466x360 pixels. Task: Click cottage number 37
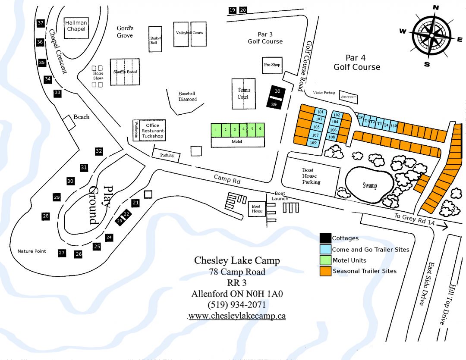[41, 23]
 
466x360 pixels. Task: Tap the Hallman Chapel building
[76, 26]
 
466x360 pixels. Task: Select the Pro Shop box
[272, 65]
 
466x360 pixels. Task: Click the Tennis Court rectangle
[243, 94]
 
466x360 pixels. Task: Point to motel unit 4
[244, 128]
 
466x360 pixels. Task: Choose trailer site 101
[320, 112]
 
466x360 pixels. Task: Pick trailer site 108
[331, 137]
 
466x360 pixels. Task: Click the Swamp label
[369, 186]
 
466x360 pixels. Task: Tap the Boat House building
[257, 208]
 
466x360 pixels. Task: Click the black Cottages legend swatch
[325, 238]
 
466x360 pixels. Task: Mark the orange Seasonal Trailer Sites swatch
[325, 271]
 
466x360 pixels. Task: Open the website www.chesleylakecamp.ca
[237, 316]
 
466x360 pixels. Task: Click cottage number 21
[135, 202]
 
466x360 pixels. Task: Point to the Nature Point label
[31, 251]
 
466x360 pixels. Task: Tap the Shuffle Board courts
[125, 72]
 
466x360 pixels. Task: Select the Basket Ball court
[155, 39]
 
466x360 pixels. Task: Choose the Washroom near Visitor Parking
[349, 97]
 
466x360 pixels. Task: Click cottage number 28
[45, 216]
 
